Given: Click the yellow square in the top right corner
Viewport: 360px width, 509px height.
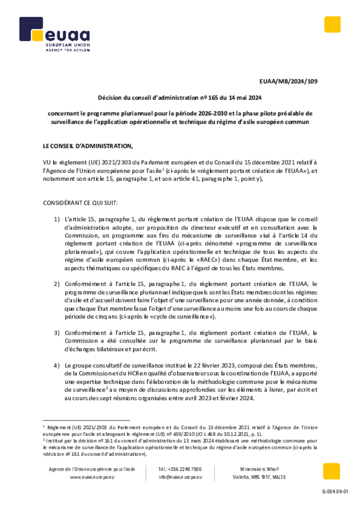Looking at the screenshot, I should tap(332, 24).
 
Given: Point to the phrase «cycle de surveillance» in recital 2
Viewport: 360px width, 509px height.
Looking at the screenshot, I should tap(185, 316).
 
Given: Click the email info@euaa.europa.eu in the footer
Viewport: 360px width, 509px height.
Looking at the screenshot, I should tap(180, 477).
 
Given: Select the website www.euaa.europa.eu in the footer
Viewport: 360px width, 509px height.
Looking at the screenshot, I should tap(92, 477).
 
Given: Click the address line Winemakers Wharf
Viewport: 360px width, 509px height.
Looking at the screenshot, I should tap(259, 469).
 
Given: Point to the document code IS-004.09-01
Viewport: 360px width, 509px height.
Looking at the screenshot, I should tap(335, 492).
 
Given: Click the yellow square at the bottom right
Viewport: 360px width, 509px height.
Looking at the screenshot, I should tap(331, 471).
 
